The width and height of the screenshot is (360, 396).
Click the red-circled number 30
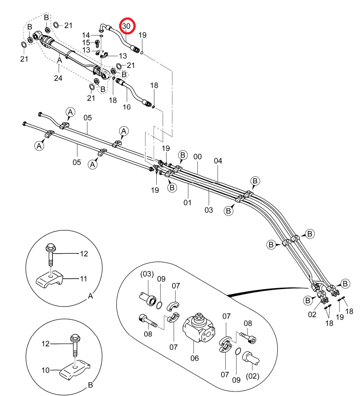(126, 26)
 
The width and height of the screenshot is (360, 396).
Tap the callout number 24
(58, 78)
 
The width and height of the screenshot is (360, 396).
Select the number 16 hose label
(127, 107)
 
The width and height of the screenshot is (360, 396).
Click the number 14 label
(86, 35)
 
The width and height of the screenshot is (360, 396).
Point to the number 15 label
(86, 43)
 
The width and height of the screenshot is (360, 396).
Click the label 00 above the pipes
(197, 157)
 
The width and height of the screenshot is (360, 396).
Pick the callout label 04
(218, 161)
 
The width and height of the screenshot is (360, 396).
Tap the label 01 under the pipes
(187, 202)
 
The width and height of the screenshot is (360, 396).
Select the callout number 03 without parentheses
(209, 210)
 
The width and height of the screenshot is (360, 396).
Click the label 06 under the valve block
(194, 358)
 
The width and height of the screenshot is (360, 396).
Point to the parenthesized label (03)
(147, 274)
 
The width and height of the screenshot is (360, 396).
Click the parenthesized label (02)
(253, 376)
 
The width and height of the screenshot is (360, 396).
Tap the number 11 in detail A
(83, 279)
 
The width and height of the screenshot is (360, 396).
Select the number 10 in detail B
(46, 370)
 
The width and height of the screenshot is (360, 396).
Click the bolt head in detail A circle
(51, 247)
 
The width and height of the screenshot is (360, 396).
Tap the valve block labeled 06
(199, 328)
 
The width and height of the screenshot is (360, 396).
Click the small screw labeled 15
(97, 44)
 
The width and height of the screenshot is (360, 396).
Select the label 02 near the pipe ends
(312, 314)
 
